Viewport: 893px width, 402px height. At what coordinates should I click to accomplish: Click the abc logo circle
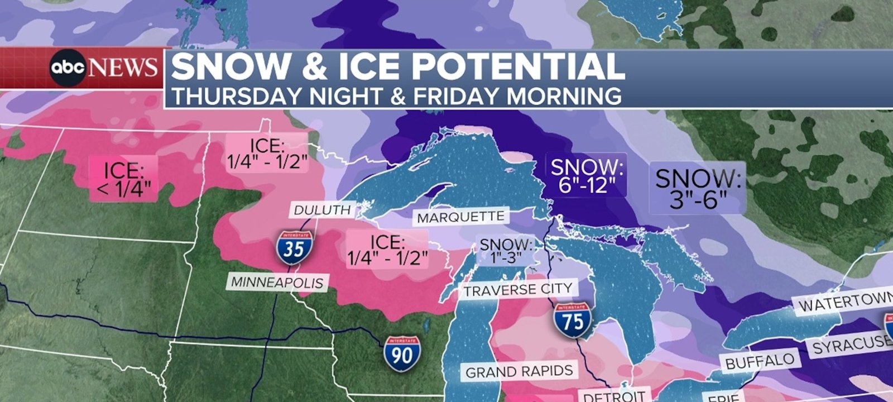(68, 68)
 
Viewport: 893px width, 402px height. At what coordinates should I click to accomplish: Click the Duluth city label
(323, 210)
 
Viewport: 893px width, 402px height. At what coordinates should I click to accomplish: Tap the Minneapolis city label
(277, 282)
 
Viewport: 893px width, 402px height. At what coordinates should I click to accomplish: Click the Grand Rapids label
(519, 371)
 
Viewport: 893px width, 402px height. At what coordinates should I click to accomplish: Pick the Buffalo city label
(760, 361)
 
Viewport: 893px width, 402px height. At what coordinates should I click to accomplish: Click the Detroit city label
(614, 395)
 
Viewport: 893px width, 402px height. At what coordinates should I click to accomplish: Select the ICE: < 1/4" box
(123, 179)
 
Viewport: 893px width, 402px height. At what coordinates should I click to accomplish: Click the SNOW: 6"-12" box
(586, 175)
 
